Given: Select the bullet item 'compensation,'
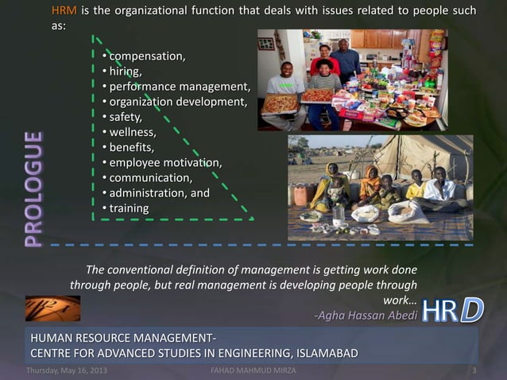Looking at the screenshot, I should (x=147, y=56).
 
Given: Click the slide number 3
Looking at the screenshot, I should (x=474, y=371).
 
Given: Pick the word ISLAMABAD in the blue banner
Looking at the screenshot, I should (x=320, y=352).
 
